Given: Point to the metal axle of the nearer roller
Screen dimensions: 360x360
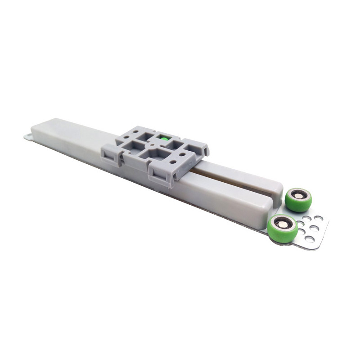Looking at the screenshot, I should point(282,224).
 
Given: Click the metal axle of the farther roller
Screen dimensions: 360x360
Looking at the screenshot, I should point(298,195).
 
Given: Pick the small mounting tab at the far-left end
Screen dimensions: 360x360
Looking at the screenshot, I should point(28,135).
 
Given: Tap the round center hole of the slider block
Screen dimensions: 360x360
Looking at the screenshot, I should point(154,145).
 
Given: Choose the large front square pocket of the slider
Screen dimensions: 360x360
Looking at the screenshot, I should point(152,156).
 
